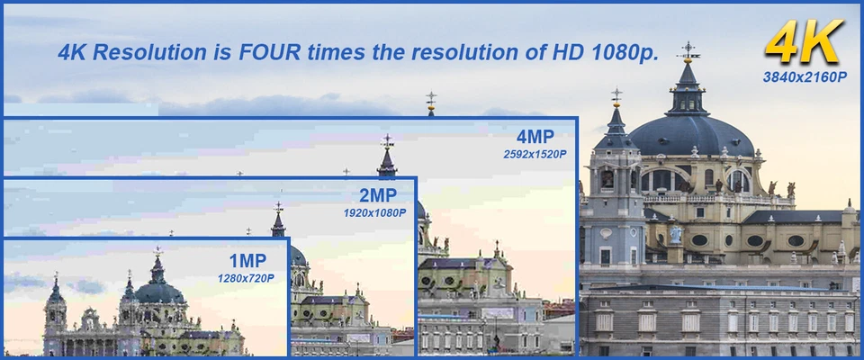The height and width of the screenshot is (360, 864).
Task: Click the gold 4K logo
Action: point(804,42)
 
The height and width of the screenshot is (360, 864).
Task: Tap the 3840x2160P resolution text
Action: point(805,77)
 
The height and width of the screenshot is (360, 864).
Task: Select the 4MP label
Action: point(535,138)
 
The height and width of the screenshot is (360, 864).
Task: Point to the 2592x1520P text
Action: point(535,155)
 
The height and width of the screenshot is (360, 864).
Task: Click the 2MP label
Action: point(378,195)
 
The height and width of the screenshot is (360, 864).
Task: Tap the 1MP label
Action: point(248,261)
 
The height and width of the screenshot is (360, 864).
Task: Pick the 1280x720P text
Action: point(246,278)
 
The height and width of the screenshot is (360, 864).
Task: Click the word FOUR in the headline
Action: point(270,52)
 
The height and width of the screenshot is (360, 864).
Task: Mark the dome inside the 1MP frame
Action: point(160,292)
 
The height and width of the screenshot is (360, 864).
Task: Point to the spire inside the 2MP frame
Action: point(278,220)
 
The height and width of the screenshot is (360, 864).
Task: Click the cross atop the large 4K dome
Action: point(688,49)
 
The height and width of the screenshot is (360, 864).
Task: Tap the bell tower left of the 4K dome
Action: point(616,182)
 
